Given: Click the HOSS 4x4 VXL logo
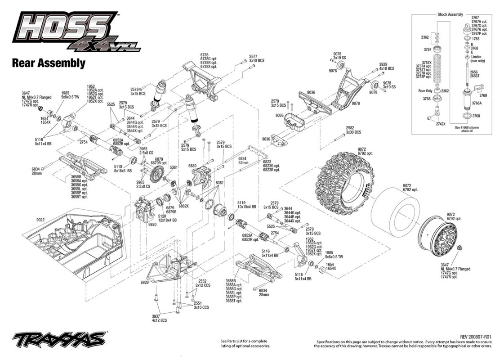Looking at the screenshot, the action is (x=76, y=31).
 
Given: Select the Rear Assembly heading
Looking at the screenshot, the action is (x=49, y=63).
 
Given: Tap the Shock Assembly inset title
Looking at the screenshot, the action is (x=450, y=14).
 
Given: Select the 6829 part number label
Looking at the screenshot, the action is (x=145, y=282).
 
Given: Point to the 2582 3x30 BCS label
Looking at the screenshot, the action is (x=353, y=130).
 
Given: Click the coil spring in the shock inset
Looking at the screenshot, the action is (x=437, y=70).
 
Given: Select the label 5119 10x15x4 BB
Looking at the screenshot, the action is (x=246, y=205).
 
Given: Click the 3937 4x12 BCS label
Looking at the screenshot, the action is (x=160, y=318).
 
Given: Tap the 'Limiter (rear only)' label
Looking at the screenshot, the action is (x=477, y=59).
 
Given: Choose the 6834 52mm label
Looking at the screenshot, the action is (x=243, y=161).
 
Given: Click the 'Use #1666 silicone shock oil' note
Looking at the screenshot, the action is (x=467, y=129).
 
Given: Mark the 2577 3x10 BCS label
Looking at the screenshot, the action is (x=257, y=58).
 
